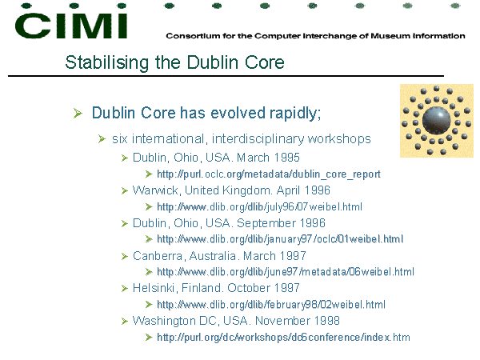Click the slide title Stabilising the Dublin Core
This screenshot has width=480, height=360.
click(174, 62)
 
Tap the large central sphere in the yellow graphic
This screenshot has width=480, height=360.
click(437, 120)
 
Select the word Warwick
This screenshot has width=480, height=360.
click(155, 190)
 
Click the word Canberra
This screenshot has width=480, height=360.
click(158, 256)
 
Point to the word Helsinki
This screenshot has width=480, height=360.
click(154, 288)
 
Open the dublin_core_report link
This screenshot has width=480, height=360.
click(269, 174)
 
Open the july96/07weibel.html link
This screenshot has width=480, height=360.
click(259, 207)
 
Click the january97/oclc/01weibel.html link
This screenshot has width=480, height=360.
click(280, 239)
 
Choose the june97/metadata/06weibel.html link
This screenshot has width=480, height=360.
click(286, 272)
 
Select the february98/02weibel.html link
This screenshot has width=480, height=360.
click(271, 305)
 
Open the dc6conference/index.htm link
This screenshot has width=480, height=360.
click(283, 338)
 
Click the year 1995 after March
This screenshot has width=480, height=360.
click(286, 158)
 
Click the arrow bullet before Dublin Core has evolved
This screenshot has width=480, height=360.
click(78, 114)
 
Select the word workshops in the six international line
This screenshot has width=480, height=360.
click(339, 139)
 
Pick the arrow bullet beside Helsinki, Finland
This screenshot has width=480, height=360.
click(124, 289)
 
